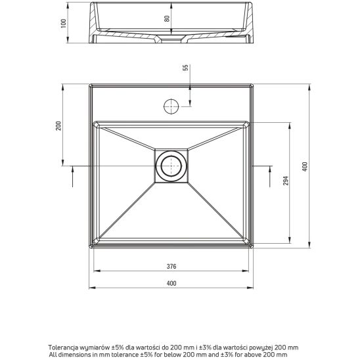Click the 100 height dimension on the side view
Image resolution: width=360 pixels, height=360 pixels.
63,24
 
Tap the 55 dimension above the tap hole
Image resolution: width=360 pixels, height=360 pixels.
185,68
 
